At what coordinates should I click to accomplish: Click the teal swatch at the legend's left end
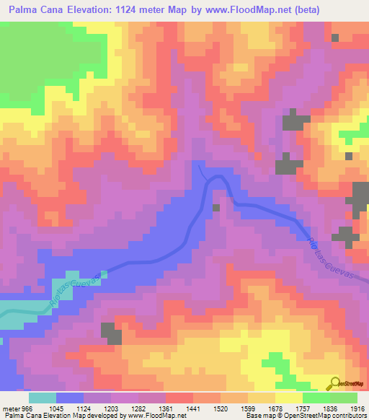(x=43, y=398)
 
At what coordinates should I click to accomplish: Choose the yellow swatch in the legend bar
(x=288, y=398)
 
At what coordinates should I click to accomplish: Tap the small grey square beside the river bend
(x=216, y=208)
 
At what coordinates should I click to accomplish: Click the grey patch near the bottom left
(x=112, y=333)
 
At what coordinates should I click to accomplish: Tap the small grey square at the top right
(x=335, y=37)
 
